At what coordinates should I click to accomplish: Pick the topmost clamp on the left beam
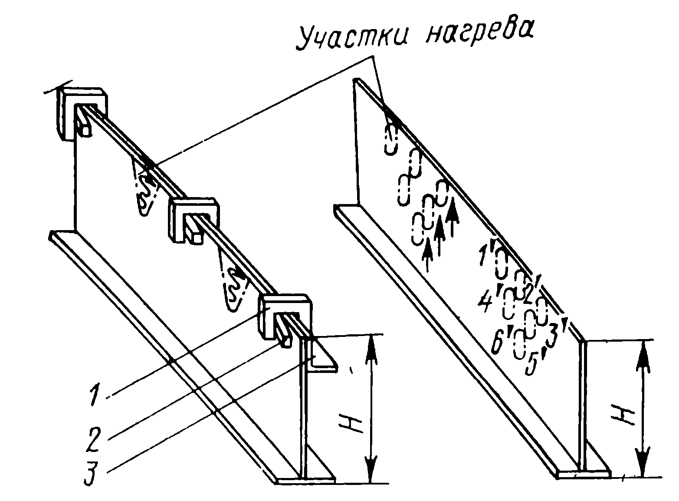(82, 113)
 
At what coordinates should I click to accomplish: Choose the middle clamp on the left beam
(194, 219)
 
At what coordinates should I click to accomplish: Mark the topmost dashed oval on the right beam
(391, 139)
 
